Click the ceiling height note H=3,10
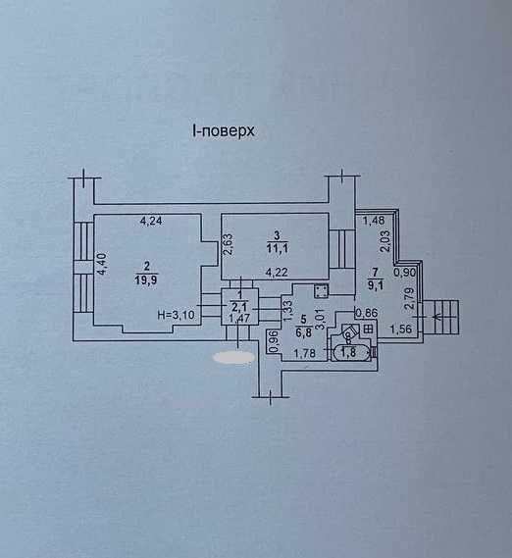click(177, 314)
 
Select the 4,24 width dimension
click(151, 221)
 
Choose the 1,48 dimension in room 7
click(374, 221)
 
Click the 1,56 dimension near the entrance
click(402, 329)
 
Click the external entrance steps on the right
click(446, 314)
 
